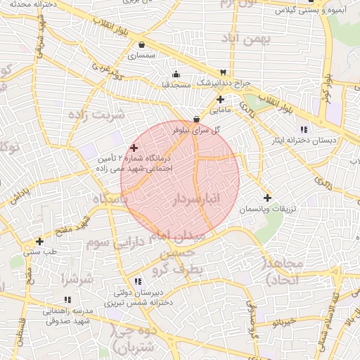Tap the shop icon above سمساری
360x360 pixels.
click(141, 44)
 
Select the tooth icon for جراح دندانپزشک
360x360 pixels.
click(223, 72)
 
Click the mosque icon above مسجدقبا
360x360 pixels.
click(175, 75)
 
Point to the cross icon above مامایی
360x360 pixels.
click(220, 99)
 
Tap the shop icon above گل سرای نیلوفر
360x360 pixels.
click(196, 120)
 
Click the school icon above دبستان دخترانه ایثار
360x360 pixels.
click(303, 129)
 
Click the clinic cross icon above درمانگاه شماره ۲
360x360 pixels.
click(134, 148)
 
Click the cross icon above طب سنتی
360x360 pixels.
click(39, 240)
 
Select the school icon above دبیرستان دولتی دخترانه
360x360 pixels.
click(139, 281)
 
